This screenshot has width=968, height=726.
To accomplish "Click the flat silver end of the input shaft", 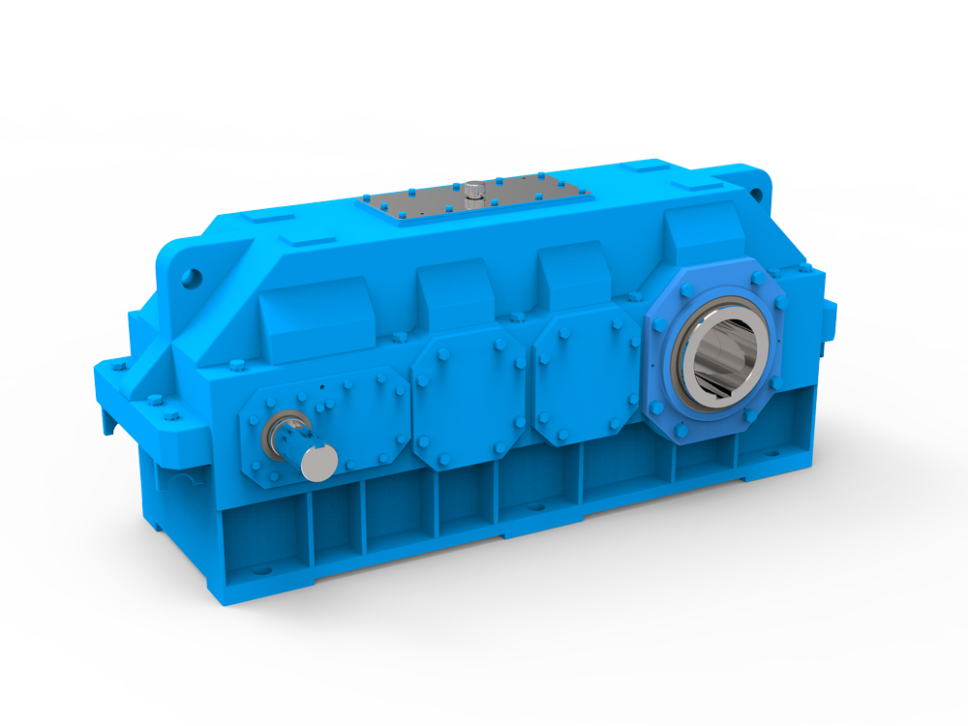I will [x=318, y=462].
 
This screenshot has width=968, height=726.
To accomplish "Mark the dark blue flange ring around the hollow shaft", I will [x=668, y=319].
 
